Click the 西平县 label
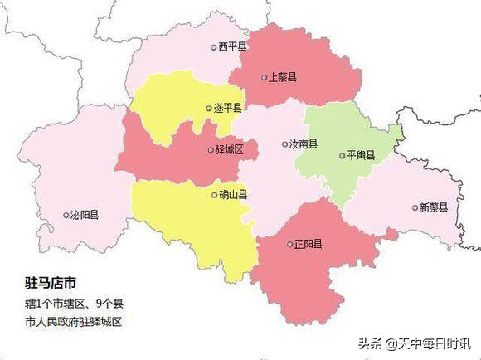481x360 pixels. [233, 47]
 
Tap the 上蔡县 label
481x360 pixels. [283, 77]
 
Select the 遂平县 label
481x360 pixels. [227, 108]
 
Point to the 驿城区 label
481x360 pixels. [229, 150]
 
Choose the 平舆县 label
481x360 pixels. [362, 155]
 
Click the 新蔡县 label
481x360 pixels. [435, 207]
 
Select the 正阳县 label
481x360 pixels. [309, 244]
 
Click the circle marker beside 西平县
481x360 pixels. [213, 48]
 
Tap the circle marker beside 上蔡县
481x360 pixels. [263, 77]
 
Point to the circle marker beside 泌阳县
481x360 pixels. [66, 216]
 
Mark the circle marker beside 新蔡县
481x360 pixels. [415, 207]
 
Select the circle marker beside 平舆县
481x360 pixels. [342, 155]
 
